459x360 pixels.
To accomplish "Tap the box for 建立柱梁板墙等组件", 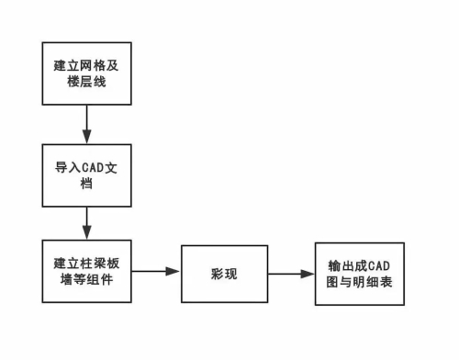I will coord(86,272).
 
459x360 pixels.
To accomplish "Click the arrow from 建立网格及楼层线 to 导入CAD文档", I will coord(86,121).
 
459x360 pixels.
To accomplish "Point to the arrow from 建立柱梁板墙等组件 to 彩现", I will coord(155,272).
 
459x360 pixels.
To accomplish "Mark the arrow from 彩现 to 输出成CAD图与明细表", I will coord(292,274).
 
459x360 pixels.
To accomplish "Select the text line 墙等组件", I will coord(86,281).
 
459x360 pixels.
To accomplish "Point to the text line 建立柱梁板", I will coord(86,263).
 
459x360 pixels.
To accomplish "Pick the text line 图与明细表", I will coord(360,283).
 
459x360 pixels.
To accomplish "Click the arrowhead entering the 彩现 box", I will coord(174,272).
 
